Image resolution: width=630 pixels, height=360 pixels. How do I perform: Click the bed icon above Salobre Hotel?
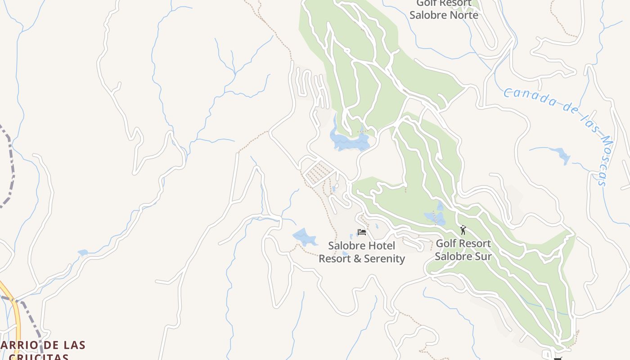(x=361, y=232)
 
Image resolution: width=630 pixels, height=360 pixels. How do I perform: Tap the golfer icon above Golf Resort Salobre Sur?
(x=463, y=230)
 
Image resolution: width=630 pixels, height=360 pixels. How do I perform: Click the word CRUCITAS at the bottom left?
(x=39, y=357)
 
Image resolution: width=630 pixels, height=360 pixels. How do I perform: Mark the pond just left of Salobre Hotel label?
(x=305, y=237)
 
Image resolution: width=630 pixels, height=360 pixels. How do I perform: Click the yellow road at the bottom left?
(x=15, y=319)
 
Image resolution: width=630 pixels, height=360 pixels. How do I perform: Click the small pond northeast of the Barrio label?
(x=83, y=253)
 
